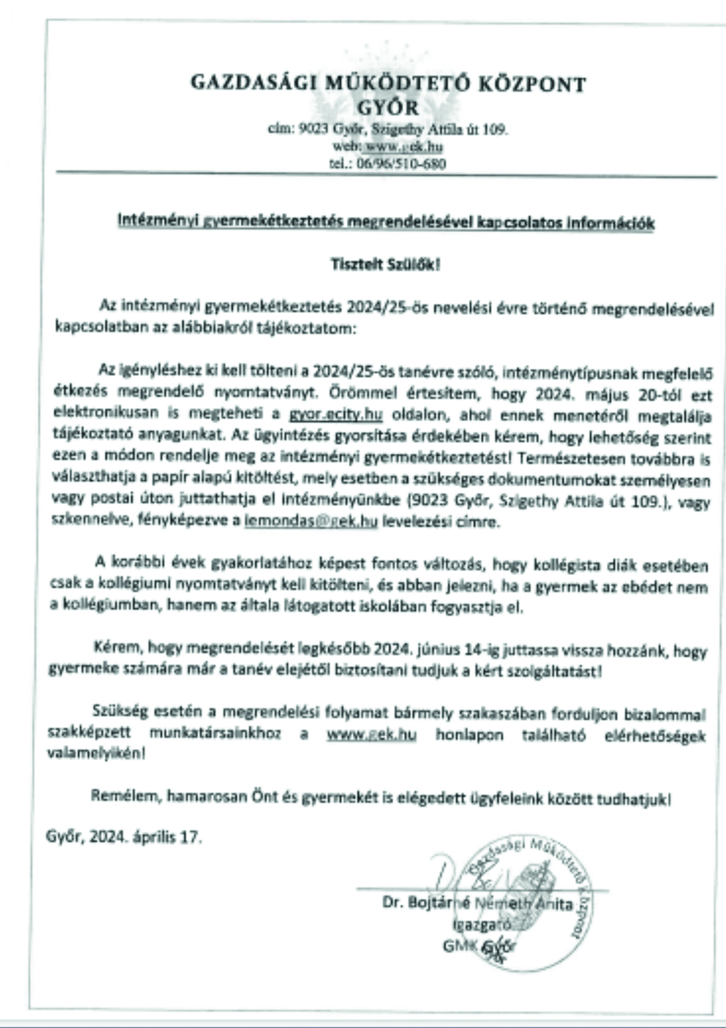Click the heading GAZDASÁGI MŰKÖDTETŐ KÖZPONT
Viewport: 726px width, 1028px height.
coord(388,84)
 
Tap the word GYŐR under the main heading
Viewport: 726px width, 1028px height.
coord(388,108)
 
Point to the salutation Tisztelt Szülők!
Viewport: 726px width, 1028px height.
coord(385,265)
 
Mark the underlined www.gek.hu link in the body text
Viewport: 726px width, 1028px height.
coord(372,734)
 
